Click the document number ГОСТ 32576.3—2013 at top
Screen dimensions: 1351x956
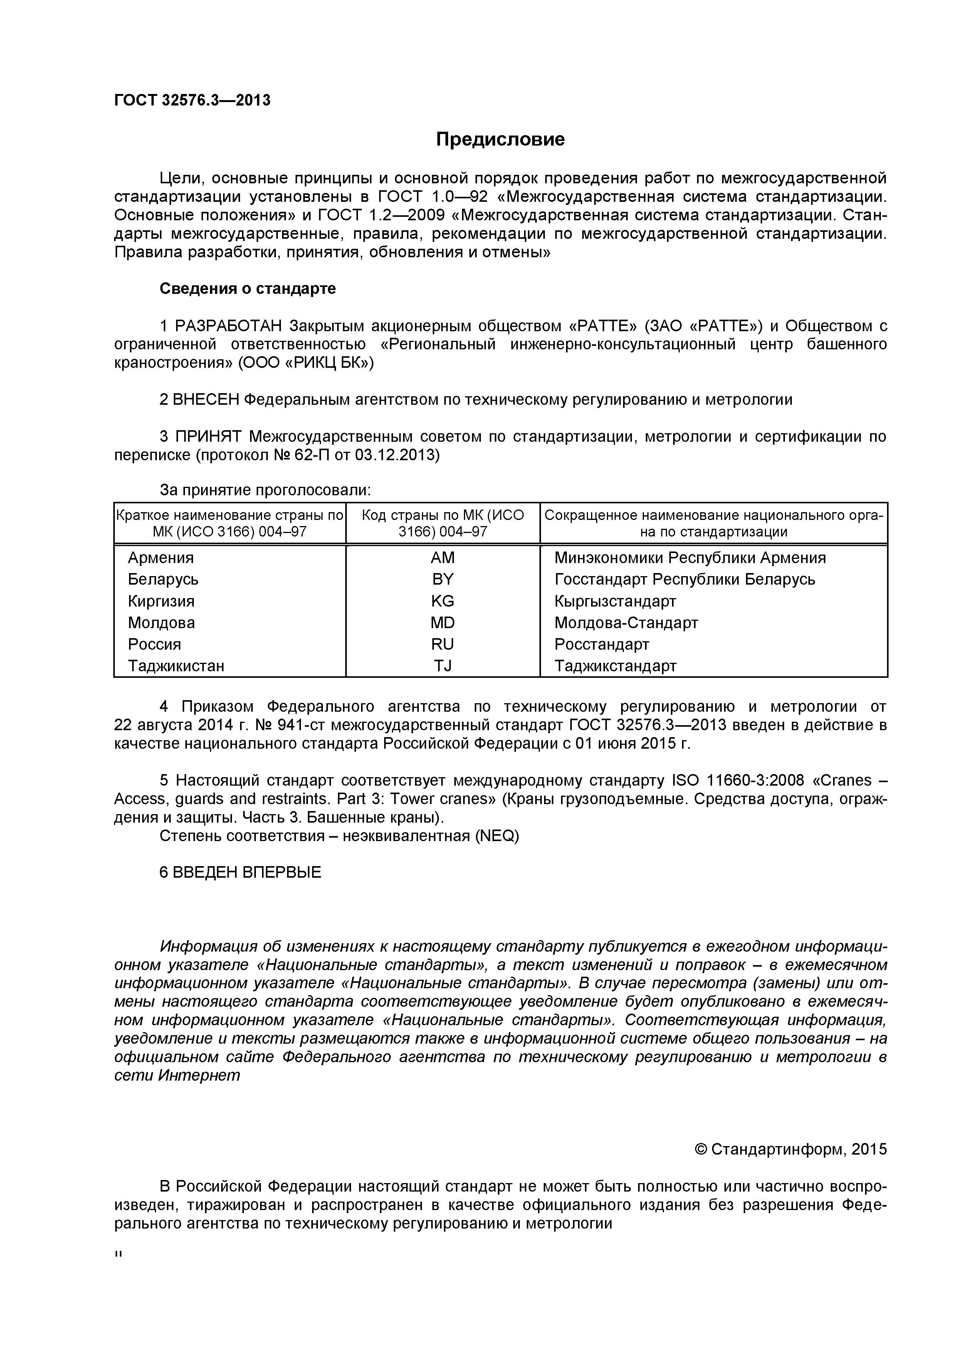[x=192, y=101]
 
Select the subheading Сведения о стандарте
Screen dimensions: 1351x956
[x=248, y=289]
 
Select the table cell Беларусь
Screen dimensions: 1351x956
[x=163, y=580]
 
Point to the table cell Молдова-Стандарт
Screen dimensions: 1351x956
[x=626, y=622]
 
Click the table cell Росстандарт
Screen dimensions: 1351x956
[x=601, y=644]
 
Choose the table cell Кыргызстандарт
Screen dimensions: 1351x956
[x=615, y=601]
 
